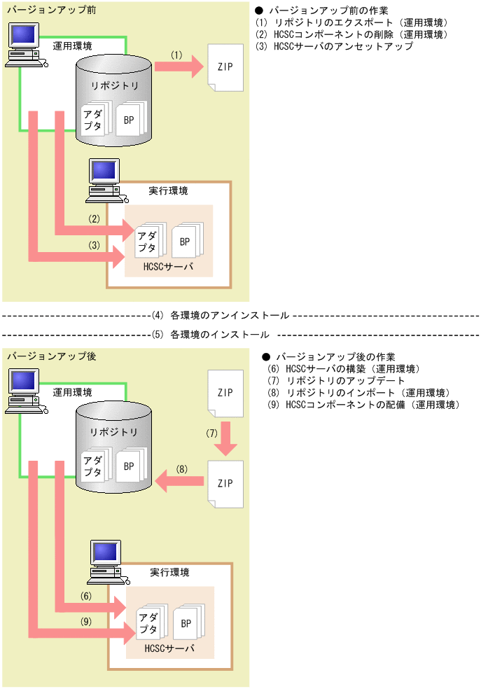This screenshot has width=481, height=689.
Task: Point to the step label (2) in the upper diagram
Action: point(95,218)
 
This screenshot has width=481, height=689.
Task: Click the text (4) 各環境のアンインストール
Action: point(220,316)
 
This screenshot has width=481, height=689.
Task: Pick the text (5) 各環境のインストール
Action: point(210,334)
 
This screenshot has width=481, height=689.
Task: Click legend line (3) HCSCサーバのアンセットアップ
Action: point(335,46)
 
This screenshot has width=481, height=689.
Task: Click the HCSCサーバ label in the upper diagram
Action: point(169,267)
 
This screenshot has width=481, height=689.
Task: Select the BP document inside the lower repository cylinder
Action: point(128,465)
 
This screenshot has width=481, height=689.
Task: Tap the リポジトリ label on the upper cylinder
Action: point(115,85)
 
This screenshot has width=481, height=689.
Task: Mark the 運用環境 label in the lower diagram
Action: point(72,391)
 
